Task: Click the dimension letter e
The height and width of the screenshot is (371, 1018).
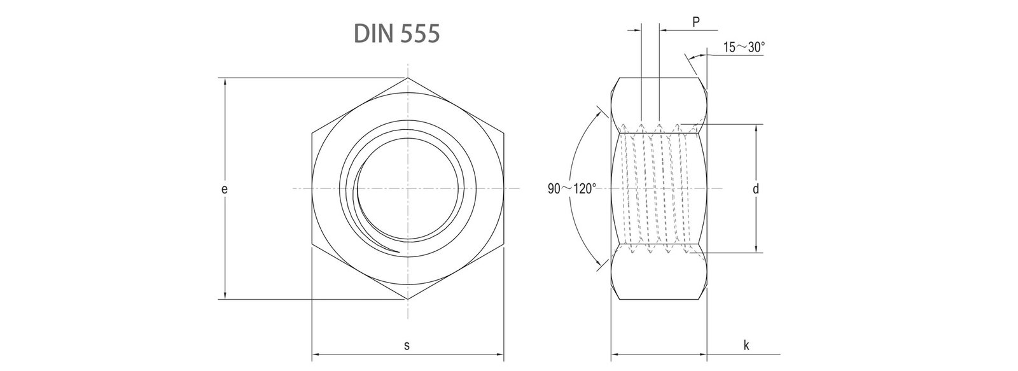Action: pos(224,189)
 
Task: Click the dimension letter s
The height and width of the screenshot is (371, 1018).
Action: pos(407,346)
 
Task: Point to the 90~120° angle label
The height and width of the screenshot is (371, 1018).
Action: pos(571,189)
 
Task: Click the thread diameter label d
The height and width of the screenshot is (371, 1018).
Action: pos(756,189)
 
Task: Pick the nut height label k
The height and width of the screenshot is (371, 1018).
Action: pos(746,346)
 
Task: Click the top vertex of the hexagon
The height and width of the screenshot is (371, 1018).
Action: pos(408,78)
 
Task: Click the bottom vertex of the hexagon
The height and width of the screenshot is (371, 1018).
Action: pos(408,299)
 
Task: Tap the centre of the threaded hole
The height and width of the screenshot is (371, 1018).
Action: pos(408,188)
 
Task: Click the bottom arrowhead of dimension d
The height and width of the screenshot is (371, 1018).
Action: pos(756,250)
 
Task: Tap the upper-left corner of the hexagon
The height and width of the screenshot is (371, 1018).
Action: pos(312,134)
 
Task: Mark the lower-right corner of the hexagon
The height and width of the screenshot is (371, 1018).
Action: pos(504,244)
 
